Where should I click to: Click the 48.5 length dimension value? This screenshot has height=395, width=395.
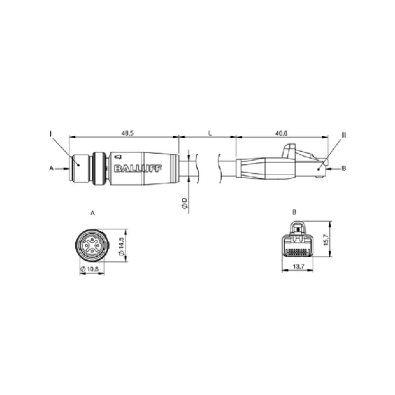128,133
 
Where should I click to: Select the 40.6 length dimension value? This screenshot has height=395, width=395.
282,133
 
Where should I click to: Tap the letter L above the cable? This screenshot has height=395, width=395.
210,133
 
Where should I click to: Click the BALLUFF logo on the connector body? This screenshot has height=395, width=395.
138,168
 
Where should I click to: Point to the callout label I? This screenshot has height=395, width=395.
51,133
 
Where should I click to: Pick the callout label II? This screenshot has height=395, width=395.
343,135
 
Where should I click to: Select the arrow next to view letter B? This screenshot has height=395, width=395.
334,168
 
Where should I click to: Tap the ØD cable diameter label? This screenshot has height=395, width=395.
184,203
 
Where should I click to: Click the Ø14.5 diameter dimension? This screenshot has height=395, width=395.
121,247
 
